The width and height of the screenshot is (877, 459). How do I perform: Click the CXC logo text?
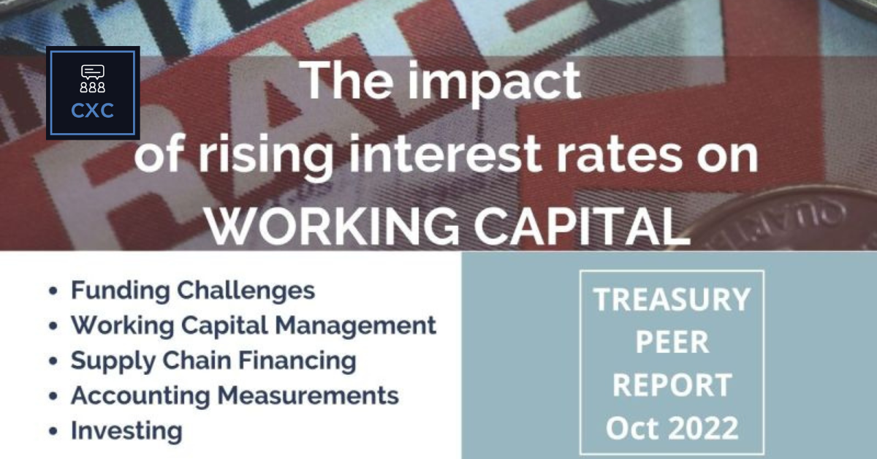[x=93, y=111]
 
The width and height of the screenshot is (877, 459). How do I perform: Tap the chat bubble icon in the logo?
[x=93, y=72]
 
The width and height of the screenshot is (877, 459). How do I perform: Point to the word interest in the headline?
[x=430, y=157]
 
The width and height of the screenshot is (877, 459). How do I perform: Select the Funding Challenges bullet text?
[x=192, y=290]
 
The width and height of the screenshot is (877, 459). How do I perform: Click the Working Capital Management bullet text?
[x=253, y=325]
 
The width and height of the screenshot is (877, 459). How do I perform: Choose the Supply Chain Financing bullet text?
[x=213, y=360]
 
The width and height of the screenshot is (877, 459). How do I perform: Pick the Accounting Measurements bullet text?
[x=235, y=395]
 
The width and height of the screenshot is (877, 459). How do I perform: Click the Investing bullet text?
[x=126, y=431]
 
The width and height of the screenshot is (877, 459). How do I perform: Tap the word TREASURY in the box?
[x=672, y=300]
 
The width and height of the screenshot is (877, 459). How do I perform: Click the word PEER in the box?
[x=672, y=342]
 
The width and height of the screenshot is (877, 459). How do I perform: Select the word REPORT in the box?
[x=672, y=384]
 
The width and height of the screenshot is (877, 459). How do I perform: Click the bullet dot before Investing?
[x=53, y=431]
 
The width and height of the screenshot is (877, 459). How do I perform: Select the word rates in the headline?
[x=612, y=157]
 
